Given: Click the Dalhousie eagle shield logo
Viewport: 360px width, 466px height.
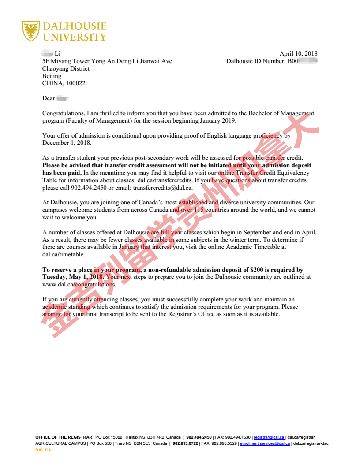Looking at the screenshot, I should pos(30,31).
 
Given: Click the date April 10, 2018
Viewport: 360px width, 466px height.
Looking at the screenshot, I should pos(298,54).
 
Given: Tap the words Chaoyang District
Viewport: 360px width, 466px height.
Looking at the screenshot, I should pos(66,68).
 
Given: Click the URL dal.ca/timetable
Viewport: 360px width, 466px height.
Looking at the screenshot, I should pos(64,255).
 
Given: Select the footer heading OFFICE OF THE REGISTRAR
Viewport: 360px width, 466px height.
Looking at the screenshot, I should pos(64,437).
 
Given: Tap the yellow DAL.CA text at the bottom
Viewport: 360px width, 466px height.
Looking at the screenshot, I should pos(43,450).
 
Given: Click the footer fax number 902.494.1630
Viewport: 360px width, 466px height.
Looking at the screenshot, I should pos(238,437).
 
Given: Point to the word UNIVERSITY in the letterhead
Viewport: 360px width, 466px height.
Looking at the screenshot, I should pos(75,37).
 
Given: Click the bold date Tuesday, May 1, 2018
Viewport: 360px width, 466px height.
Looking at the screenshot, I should pos(73,277).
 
